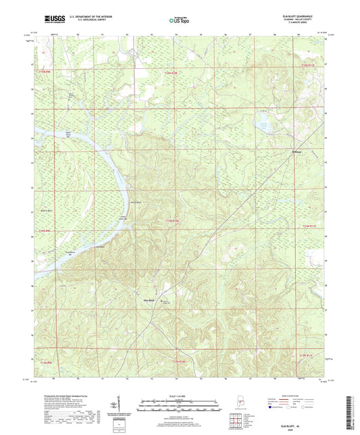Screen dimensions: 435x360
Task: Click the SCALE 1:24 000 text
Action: click(x=180, y=396)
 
